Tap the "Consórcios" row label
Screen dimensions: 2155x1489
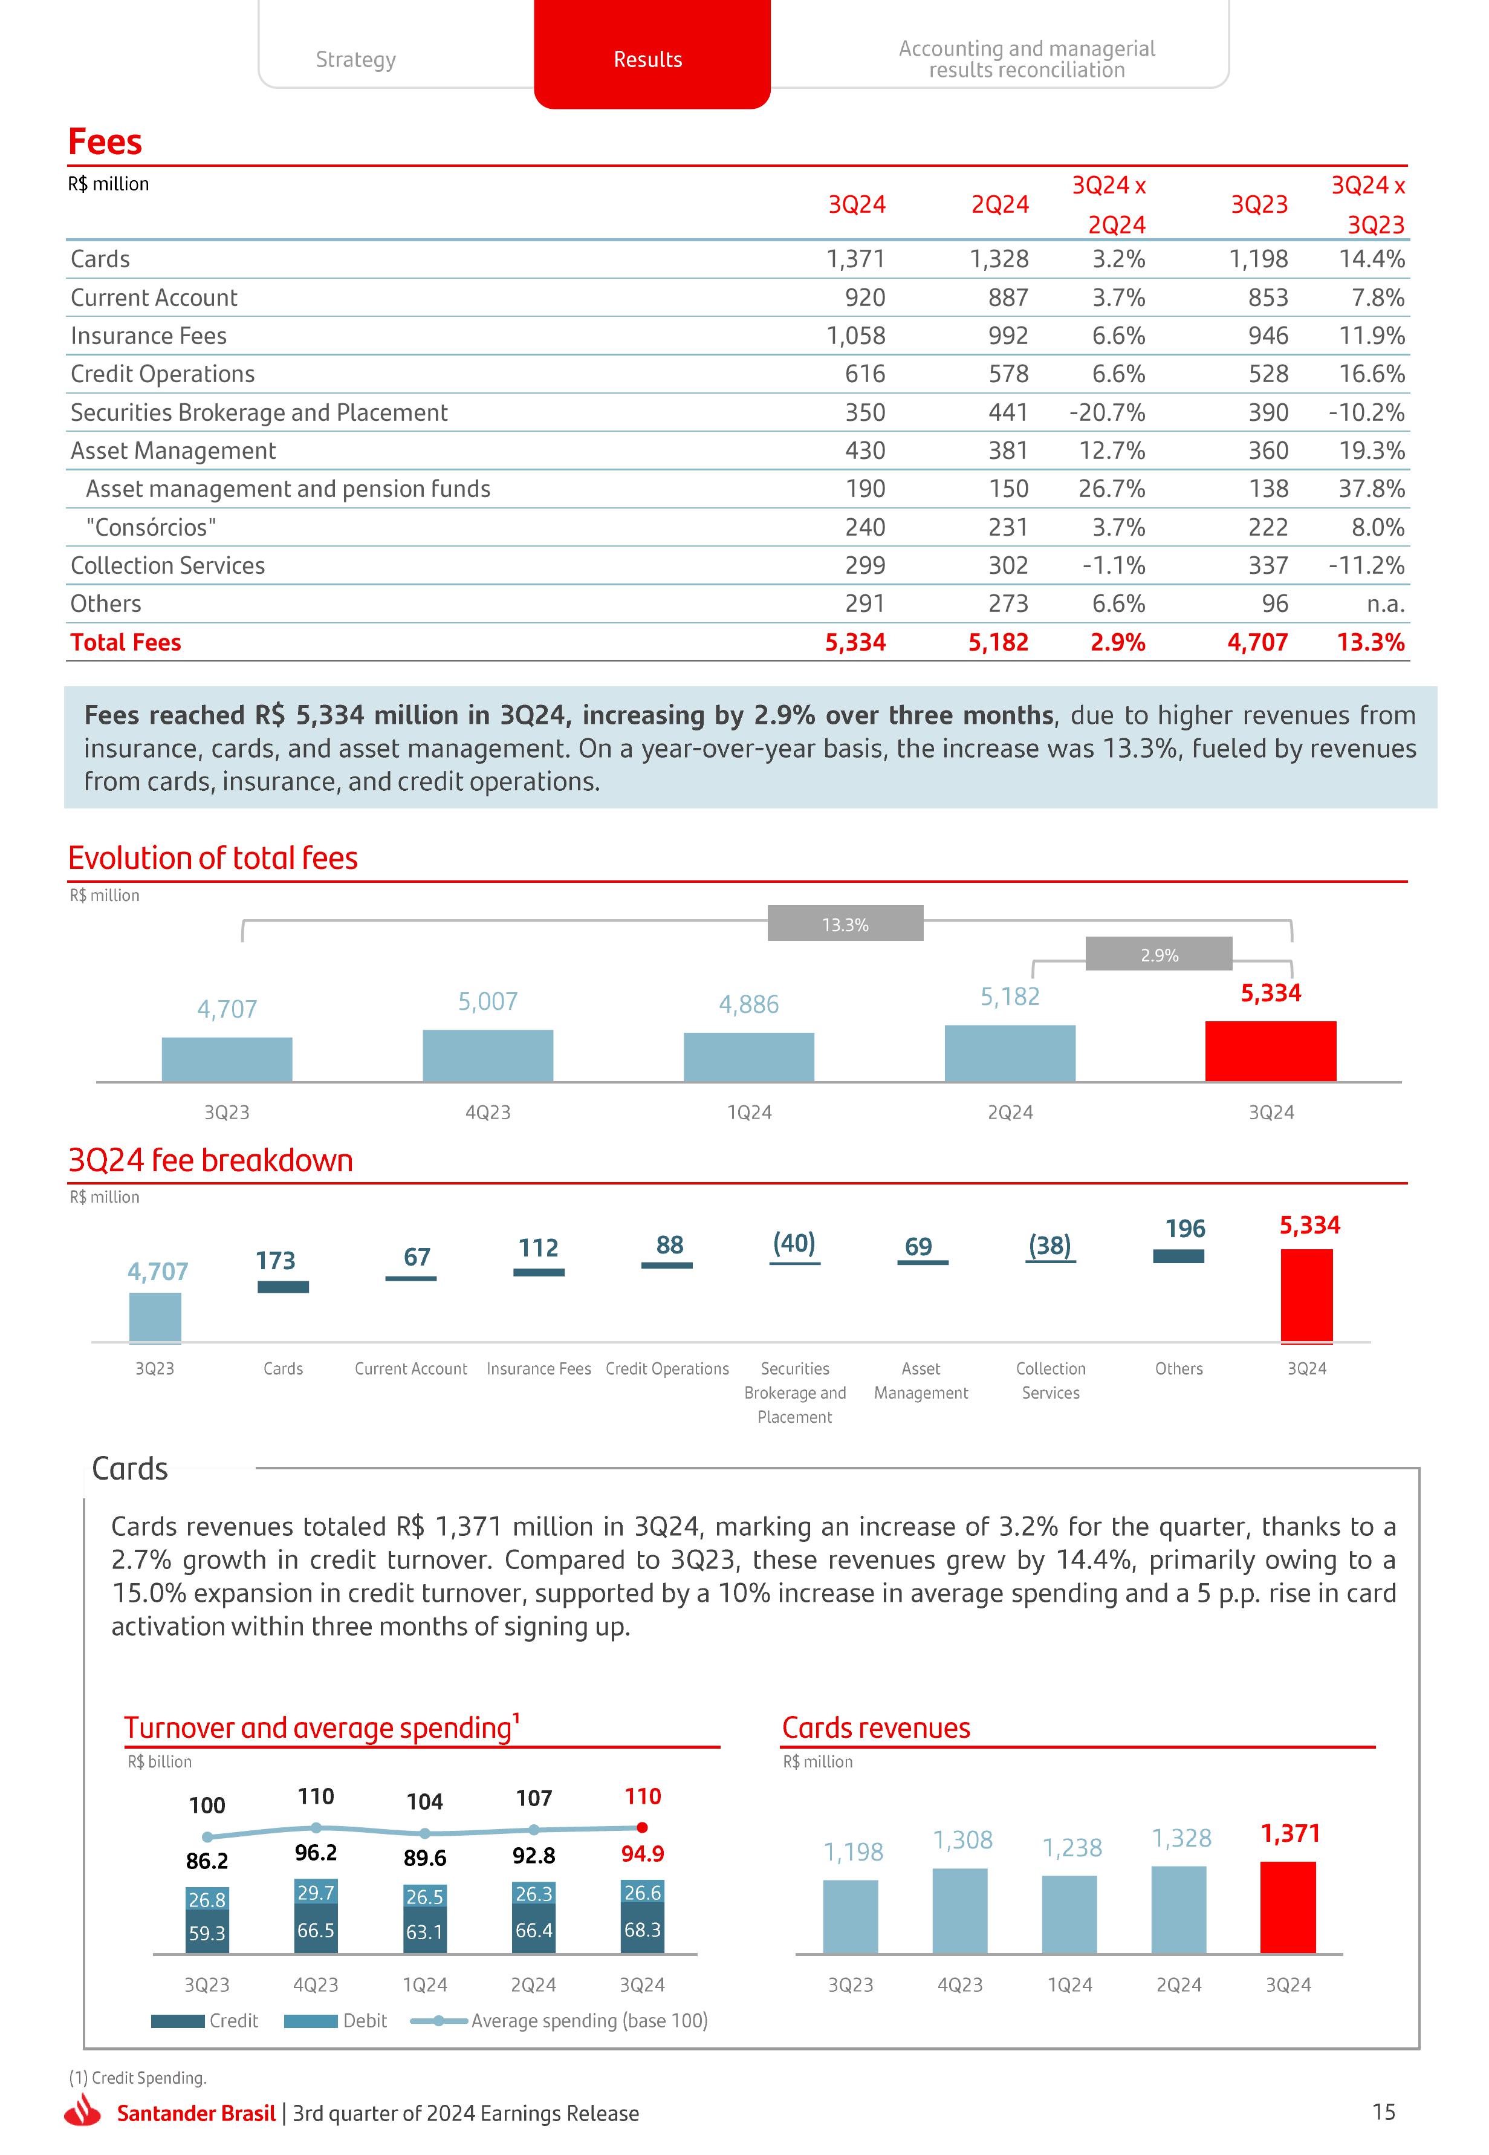click(x=151, y=527)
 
